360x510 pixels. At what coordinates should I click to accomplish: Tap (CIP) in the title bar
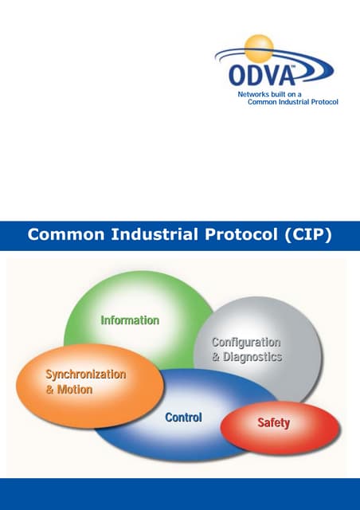tap(307, 235)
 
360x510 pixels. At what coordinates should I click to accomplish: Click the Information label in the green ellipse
tap(130, 320)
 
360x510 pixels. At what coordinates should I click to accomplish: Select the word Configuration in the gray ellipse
tap(246, 343)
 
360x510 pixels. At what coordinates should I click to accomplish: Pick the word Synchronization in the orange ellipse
tap(86, 374)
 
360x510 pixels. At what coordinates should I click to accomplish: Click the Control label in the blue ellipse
tap(183, 418)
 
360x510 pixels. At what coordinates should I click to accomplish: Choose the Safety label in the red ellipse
tap(273, 423)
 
